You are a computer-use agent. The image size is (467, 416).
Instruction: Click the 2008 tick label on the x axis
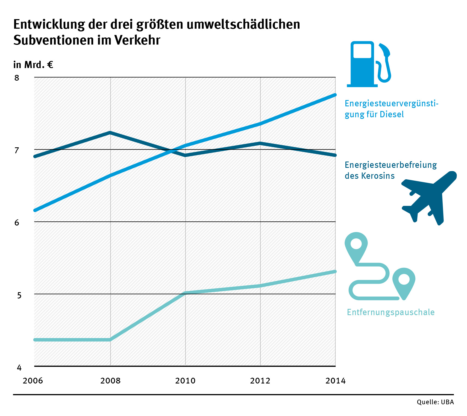tap(110, 381)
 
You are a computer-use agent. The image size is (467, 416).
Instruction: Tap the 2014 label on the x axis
tap(335, 381)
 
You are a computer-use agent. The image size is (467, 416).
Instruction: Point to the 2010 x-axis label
tap(185, 381)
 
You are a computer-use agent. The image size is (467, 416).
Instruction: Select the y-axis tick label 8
tap(17, 78)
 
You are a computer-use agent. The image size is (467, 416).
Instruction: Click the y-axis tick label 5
tap(19, 295)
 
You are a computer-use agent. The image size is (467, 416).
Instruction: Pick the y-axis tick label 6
tap(17, 223)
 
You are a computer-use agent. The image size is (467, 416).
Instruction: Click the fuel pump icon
tap(369, 64)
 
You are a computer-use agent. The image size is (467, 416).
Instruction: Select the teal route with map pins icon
tap(380, 266)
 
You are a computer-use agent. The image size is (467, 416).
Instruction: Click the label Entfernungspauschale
tap(390, 312)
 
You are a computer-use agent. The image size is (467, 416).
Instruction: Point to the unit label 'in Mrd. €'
tap(33, 65)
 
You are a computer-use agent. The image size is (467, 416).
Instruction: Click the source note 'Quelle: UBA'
tap(435, 402)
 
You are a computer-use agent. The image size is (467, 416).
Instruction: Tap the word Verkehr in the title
tap(137, 40)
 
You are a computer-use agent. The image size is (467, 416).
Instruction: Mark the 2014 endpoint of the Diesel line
tap(335, 95)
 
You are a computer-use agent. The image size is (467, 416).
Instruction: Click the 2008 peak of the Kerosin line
tap(110, 133)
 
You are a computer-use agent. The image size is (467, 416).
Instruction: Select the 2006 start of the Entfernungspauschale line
tap(35, 340)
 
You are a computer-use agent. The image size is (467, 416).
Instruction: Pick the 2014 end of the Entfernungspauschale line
tap(335, 271)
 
